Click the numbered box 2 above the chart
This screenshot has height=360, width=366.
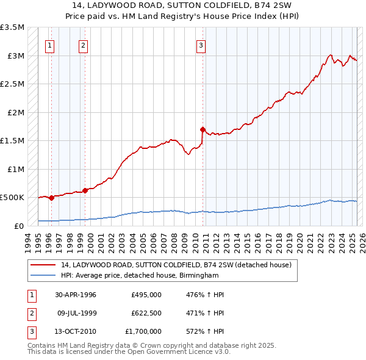(83, 45)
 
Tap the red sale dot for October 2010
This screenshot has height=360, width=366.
(202, 129)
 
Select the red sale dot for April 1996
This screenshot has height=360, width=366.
(51, 198)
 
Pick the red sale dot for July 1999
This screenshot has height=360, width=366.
(85, 190)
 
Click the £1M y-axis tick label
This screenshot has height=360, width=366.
(15, 169)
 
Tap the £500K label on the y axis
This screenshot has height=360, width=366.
(12, 198)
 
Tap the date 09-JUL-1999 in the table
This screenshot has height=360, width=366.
(76, 313)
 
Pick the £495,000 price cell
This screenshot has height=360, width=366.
(146, 295)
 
